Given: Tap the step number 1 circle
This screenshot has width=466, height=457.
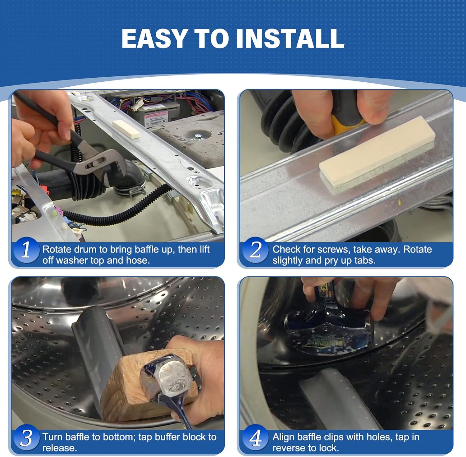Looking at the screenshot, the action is pos(26,250).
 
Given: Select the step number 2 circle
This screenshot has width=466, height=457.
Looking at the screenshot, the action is pos(255,250).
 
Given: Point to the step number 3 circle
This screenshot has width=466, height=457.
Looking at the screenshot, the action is pos(26,437).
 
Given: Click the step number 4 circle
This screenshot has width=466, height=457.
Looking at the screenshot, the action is pos(255,437).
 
